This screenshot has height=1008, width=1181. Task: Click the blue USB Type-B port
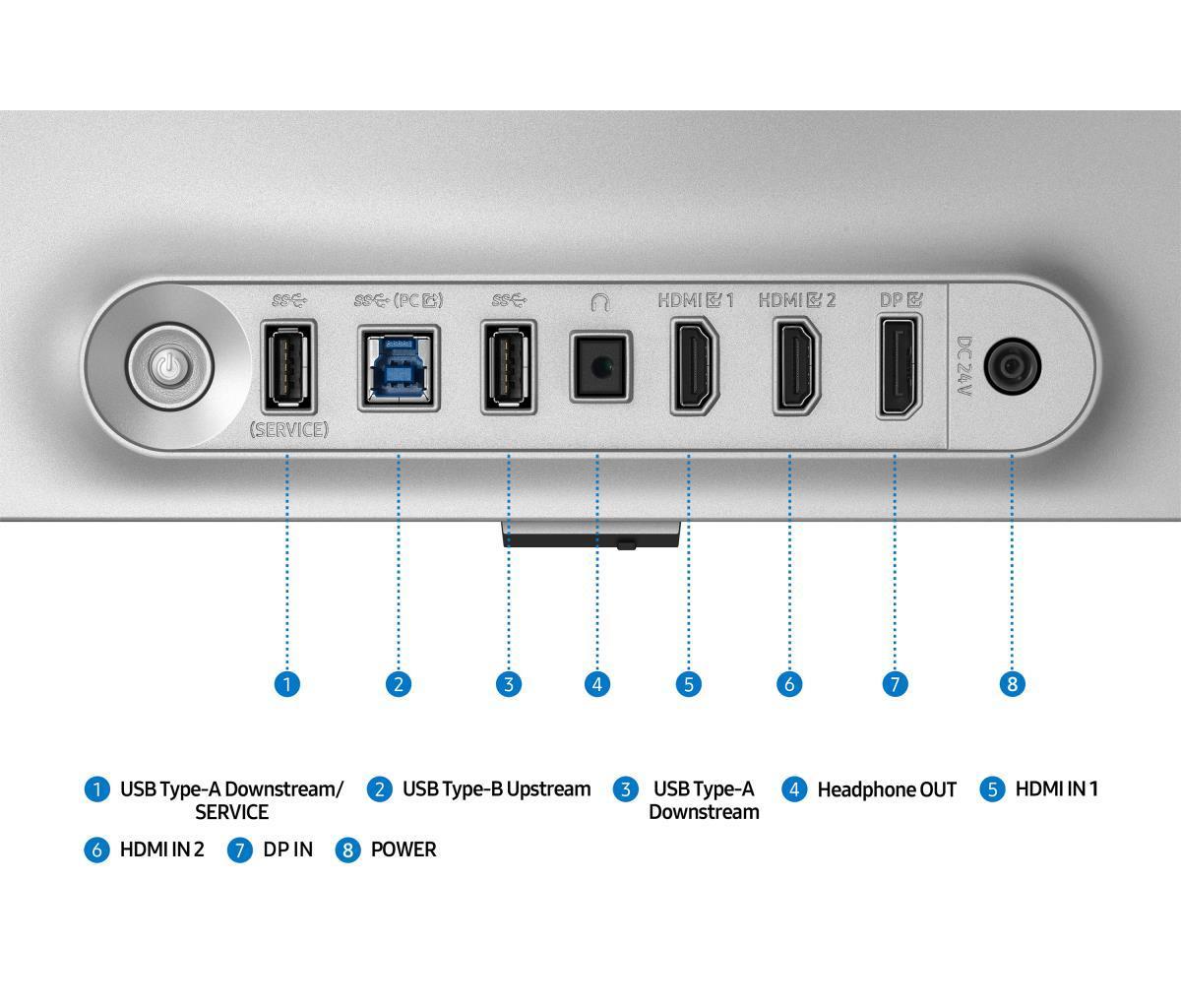click(399, 368)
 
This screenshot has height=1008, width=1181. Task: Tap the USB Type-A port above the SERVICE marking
click(288, 366)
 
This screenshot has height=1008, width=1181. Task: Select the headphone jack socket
click(600, 366)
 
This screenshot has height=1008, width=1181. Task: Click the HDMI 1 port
click(694, 367)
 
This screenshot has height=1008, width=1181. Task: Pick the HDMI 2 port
click(797, 367)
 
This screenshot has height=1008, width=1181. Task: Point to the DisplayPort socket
click(899, 367)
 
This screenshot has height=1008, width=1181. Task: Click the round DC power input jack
click(1012, 366)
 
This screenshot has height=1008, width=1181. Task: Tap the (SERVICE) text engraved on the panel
click(289, 429)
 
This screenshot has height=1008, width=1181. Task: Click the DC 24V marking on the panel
click(963, 366)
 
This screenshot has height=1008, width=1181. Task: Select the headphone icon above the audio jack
click(600, 302)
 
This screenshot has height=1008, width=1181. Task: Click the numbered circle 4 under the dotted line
click(597, 684)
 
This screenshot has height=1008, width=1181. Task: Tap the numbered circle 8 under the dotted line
click(1012, 684)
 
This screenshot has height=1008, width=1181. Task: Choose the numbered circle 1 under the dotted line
click(286, 684)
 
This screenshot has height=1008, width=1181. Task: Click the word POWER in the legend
click(404, 850)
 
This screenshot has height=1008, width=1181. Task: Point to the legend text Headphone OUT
click(887, 789)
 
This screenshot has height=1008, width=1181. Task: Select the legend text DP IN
click(288, 850)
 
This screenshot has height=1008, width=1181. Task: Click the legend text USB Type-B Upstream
click(496, 789)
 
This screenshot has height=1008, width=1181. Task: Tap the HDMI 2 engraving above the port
click(797, 300)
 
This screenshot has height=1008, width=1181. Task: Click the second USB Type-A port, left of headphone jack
click(509, 366)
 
